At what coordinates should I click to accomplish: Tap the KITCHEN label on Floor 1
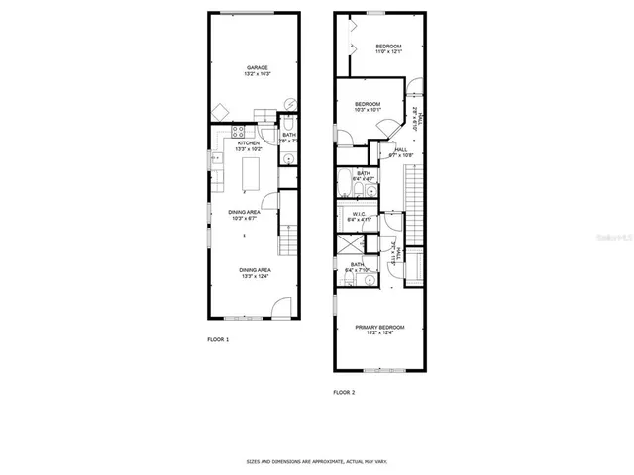pos(248,143)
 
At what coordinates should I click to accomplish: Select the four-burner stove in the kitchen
pos(238,131)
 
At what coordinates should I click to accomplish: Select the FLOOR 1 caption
pos(218,340)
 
